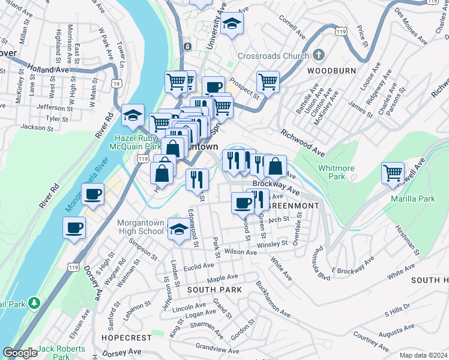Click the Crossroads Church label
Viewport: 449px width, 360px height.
pos(271,56)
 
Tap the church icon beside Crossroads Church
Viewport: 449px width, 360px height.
pos(318,55)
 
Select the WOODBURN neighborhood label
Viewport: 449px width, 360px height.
pos(331,71)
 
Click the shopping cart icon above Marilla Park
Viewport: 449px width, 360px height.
pos(393,173)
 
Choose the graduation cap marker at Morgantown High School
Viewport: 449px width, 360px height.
pos(178,229)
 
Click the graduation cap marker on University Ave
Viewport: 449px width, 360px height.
pos(230,25)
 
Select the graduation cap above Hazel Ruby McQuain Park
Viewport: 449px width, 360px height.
pos(133,116)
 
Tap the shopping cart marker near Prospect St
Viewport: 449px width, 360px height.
pos(268,81)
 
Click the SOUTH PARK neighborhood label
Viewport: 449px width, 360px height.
pos(214,290)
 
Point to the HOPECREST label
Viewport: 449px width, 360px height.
pos(123,338)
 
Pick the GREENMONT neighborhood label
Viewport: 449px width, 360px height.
pos(292,205)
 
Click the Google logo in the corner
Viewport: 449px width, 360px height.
pos(20,353)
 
